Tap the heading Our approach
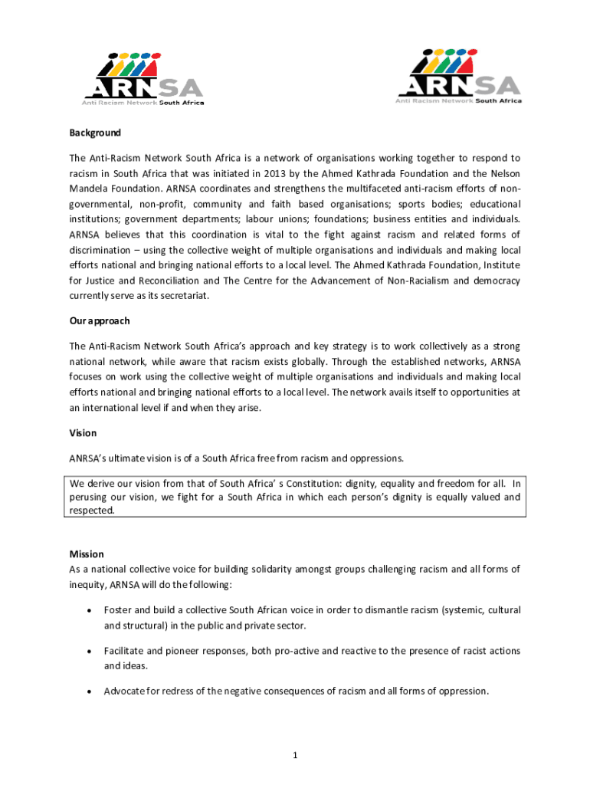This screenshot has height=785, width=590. tap(100, 320)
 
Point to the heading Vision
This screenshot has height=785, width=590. tap(83, 433)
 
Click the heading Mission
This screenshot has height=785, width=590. tap(87, 553)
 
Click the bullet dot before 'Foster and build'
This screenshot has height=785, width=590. tap(90, 611)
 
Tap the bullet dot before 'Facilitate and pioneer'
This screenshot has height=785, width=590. tap(90, 652)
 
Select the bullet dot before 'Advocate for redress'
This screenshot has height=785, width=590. tap(90, 691)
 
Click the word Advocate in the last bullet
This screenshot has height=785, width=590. tap(125, 691)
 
